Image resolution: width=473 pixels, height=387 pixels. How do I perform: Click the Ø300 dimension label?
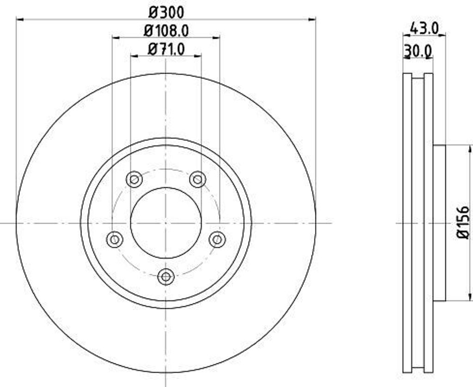tap(166, 11)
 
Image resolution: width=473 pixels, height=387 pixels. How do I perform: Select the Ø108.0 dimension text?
tap(166, 30)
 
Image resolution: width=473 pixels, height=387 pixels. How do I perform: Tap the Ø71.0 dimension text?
tap(166, 48)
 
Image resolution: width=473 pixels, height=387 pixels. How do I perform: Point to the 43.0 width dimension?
tap(424, 28)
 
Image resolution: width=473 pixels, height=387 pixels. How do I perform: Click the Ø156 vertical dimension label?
tap(463, 222)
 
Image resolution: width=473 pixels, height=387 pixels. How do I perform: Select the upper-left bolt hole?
tap(134, 179)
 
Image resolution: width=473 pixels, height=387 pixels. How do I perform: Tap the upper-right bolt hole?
tap(198, 179)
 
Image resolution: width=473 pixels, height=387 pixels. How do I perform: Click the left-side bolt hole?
tap(115, 239)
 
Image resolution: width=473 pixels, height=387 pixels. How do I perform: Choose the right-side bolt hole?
tap(217, 239)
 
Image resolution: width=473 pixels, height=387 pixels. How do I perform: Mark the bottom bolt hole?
tap(166, 276)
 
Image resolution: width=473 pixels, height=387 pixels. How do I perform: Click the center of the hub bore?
tap(166, 223)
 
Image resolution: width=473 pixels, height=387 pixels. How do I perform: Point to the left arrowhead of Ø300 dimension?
tap(19, 19)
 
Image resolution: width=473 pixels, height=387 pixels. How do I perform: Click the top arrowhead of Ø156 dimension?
tap(471, 148)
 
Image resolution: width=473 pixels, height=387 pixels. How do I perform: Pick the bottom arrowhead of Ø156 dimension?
tap(471, 298)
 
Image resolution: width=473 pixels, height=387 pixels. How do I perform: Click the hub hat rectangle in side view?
tap(439, 223)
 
